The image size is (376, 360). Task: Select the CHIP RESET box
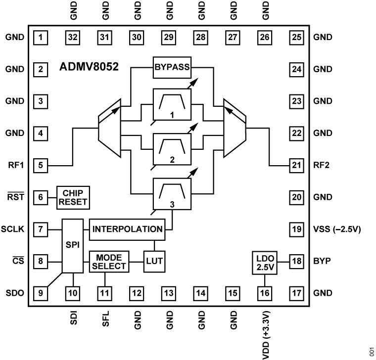[73, 197]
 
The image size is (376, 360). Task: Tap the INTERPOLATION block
[127, 229]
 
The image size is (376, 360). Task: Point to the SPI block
[73, 245]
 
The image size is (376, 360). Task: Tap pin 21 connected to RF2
[295, 165]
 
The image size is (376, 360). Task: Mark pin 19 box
[295, 229]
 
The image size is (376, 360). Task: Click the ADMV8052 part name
[89, 66]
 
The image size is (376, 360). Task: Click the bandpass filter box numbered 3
[171, 196]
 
